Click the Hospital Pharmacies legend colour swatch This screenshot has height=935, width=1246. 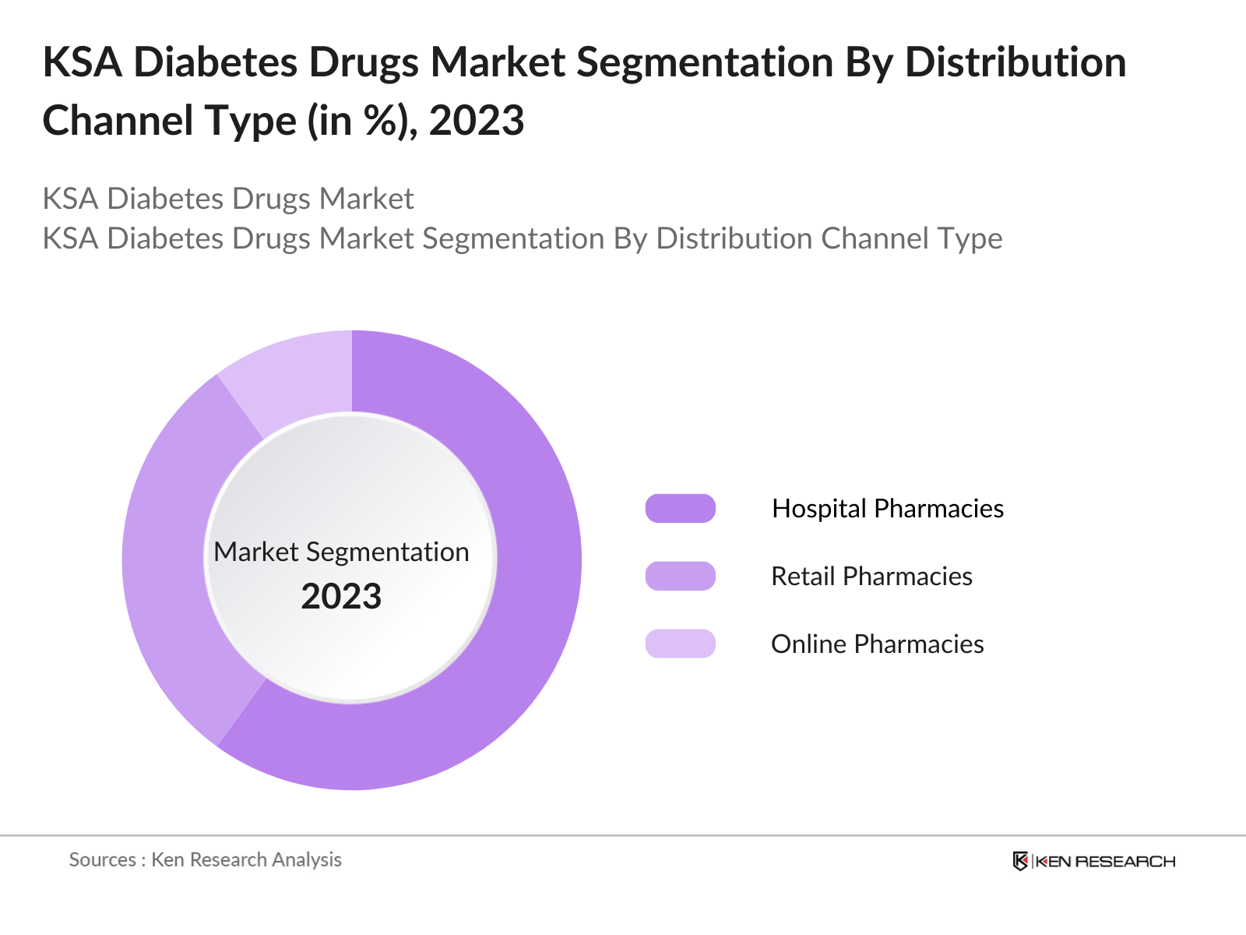click(x=680, y=508)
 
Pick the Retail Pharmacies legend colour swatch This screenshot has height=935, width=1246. click(x=680, y=576)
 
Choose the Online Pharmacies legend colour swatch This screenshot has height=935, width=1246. click(x=680, y=644)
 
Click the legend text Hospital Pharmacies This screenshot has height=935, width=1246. click(x=887, y=508)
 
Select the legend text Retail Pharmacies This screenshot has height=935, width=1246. click(x=871, y=576)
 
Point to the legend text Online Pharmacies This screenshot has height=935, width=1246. click(x=877, y=644)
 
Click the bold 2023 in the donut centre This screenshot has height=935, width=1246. click(x=341, y=597)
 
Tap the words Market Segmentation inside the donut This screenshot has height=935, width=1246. click(x=341, y=552)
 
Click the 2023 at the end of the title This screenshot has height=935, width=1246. click(x=477, y=121)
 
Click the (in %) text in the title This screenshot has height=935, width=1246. click(x=361, y=121)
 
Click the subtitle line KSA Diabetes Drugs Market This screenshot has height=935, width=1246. click(x=227, y=199)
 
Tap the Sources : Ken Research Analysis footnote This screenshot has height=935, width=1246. click(x=206, y=859)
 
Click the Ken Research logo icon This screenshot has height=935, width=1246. click(x=1020, y=861)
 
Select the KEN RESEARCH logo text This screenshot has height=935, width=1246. click(x=1105, y=861)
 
